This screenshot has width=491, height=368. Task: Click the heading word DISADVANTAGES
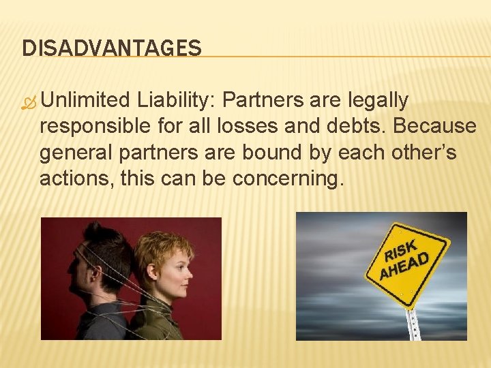pyautogui.click(x=112, y=48)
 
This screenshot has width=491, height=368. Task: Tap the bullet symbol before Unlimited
pyautogui.click(x=28, y=102)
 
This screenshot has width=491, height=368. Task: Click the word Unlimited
pyautogui.click(x=85, y=101)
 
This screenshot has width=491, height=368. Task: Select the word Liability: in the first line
pyautogui.click(x=175, y=101)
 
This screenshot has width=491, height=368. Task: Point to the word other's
pyautogui.click(x=426, y=153)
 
